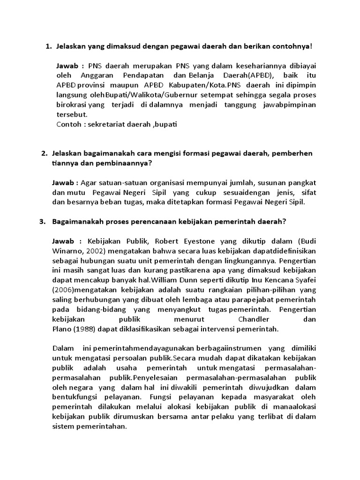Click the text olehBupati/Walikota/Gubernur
144,95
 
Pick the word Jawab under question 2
63,183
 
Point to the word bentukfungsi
74,397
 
